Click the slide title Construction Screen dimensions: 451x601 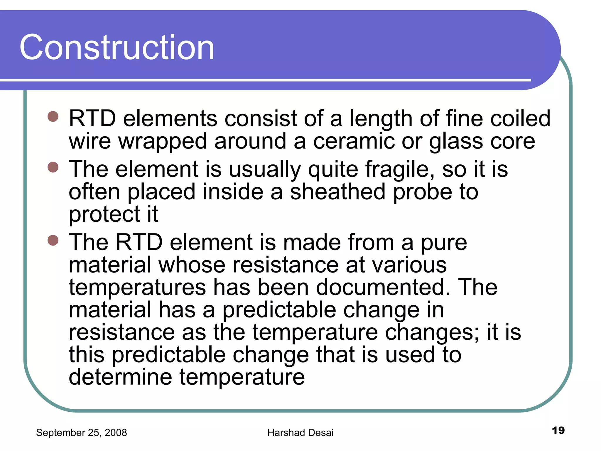point(117,48)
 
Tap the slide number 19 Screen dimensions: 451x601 point(558,430)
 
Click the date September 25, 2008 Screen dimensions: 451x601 point(81,433)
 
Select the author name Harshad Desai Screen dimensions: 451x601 point(300,433)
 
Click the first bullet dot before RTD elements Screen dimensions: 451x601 point(53,116)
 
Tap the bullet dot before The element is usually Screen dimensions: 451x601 point(53,167)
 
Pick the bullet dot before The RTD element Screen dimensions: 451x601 point(53,240)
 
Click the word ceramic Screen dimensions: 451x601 point(354,142)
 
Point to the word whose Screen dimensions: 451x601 point(192,265)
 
